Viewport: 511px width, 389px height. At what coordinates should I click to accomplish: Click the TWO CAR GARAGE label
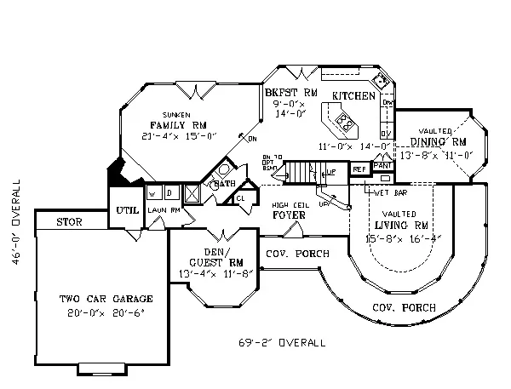click(106, 299)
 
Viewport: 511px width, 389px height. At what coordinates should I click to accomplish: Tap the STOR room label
click(69, 222)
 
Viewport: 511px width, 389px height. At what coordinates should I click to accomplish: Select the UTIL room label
click(126, 208)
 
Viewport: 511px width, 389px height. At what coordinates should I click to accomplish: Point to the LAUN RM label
click(162, 209)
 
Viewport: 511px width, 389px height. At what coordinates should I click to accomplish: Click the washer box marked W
click(153, 193)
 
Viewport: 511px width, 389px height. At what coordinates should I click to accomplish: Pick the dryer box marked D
click(169, 193)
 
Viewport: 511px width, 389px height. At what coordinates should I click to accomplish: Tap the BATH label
click(225, 184)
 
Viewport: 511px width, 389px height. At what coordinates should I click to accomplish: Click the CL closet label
click(240, 199)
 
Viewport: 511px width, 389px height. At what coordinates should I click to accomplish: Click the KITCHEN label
click(353, 96)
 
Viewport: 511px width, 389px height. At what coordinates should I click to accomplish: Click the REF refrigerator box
click(359, 169)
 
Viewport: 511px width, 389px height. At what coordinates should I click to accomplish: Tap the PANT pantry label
click(383, 164)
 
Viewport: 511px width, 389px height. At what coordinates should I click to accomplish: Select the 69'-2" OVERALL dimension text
click(281, 344)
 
